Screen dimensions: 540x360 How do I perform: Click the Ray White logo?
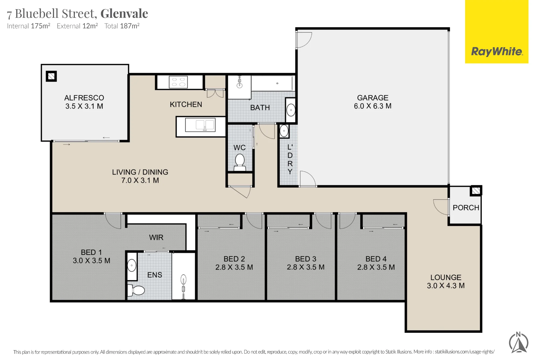[497, 51]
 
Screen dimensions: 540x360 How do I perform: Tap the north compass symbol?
[518, 343]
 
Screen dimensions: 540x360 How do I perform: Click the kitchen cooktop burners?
[178, 82]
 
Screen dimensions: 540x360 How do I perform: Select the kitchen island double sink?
[200, 125]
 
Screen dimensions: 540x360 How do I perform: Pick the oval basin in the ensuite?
[132, 266]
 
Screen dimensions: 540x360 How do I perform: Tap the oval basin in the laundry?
[284, 131]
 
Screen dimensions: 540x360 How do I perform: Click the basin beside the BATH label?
[291, 110]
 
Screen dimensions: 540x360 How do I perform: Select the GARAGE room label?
[373, 98]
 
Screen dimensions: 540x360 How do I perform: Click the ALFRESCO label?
[84, 98]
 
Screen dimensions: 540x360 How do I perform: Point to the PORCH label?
[466, 208]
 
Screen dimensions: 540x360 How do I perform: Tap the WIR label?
[156, 237]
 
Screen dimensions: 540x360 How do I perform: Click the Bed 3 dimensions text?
[306, 267]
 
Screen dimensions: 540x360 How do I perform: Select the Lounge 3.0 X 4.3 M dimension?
[446, 286]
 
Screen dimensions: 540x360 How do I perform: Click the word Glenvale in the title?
[124, 14]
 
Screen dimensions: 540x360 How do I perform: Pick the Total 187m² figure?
[122, 26]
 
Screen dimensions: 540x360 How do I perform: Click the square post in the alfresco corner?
[51, 76]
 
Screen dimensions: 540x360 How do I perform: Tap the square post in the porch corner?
[476, 191]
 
